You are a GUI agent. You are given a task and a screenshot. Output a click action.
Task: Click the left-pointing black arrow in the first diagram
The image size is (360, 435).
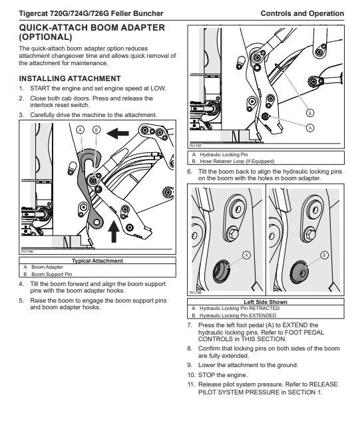point(117,133)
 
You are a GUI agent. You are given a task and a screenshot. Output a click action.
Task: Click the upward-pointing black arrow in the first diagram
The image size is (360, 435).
point(114,231)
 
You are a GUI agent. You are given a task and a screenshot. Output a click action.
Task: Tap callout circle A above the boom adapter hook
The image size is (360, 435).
point(81,130)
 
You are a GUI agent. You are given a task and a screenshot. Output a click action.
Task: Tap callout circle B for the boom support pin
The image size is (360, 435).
point(96,130)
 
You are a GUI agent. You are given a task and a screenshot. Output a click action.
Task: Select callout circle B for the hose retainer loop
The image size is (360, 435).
point(310,113)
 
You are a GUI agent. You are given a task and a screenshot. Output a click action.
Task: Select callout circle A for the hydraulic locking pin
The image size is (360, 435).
point(310,128)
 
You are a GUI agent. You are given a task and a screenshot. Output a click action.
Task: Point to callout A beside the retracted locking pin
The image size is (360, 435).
point(246,255)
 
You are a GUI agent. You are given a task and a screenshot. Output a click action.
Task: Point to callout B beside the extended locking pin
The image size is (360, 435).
point(324,255)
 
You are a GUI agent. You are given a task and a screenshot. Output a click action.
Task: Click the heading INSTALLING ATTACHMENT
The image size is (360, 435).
point(70,78)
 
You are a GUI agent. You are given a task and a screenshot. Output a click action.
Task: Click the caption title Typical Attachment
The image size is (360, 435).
point(97,261)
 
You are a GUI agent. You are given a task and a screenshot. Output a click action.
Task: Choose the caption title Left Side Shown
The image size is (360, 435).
point(266,302)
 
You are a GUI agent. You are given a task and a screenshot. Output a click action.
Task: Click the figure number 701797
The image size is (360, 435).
point(196,146)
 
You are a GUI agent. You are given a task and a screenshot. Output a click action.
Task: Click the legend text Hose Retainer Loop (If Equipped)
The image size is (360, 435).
point(237,161)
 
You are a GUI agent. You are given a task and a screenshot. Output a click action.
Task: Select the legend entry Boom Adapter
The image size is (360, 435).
point(47,267)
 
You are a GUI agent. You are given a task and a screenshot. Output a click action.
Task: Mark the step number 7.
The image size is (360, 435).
point(190,325)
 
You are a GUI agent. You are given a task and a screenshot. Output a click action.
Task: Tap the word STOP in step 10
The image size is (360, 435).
point(206,375)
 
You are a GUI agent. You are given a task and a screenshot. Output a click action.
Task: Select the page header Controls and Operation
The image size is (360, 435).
point(302,13)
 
